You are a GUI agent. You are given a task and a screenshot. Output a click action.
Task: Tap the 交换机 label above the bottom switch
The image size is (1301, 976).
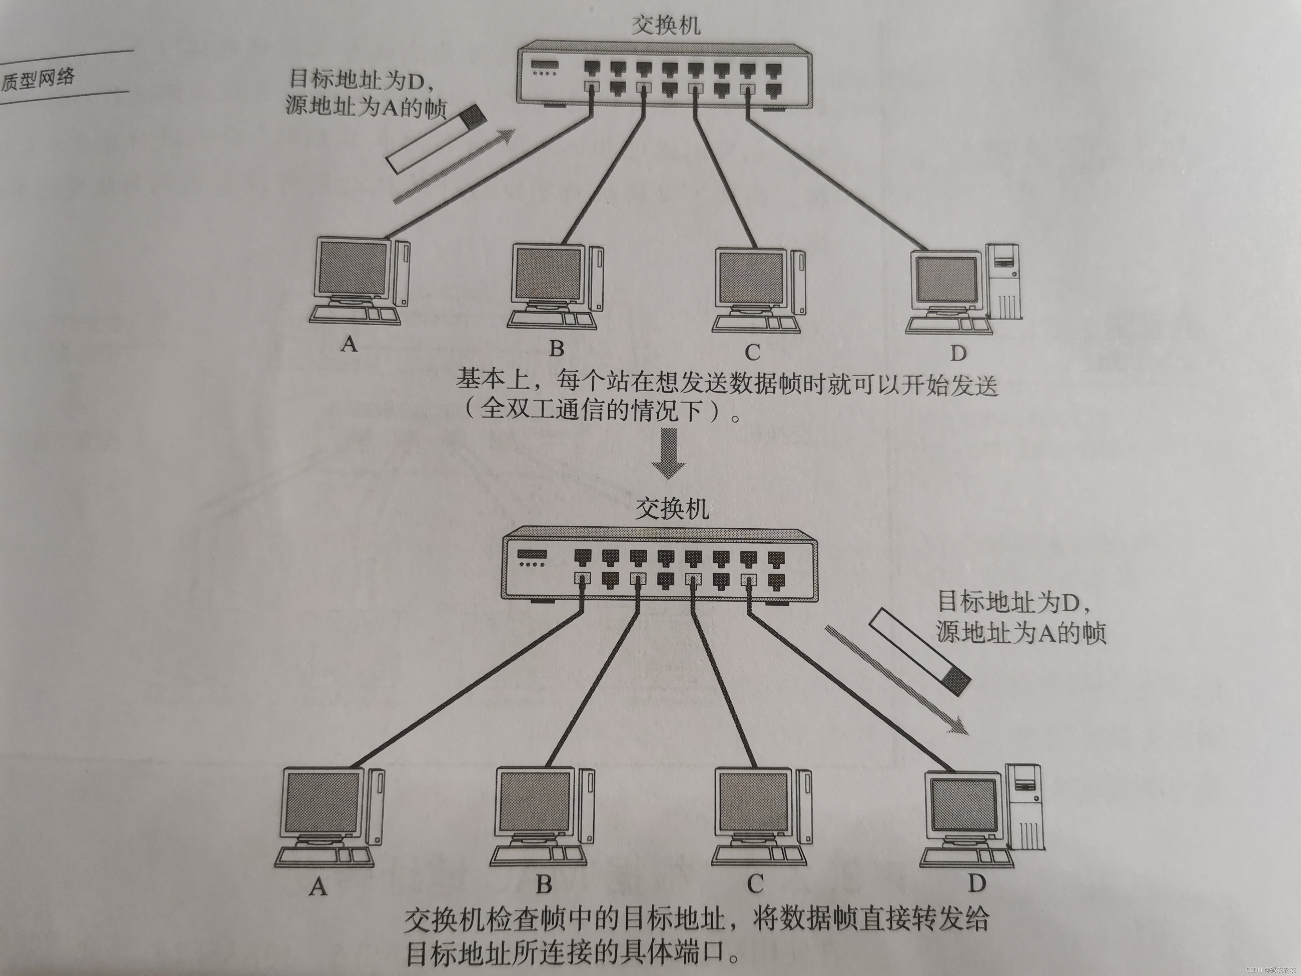(672, 509)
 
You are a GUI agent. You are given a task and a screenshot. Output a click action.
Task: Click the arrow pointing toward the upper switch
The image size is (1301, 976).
(453, 167)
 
